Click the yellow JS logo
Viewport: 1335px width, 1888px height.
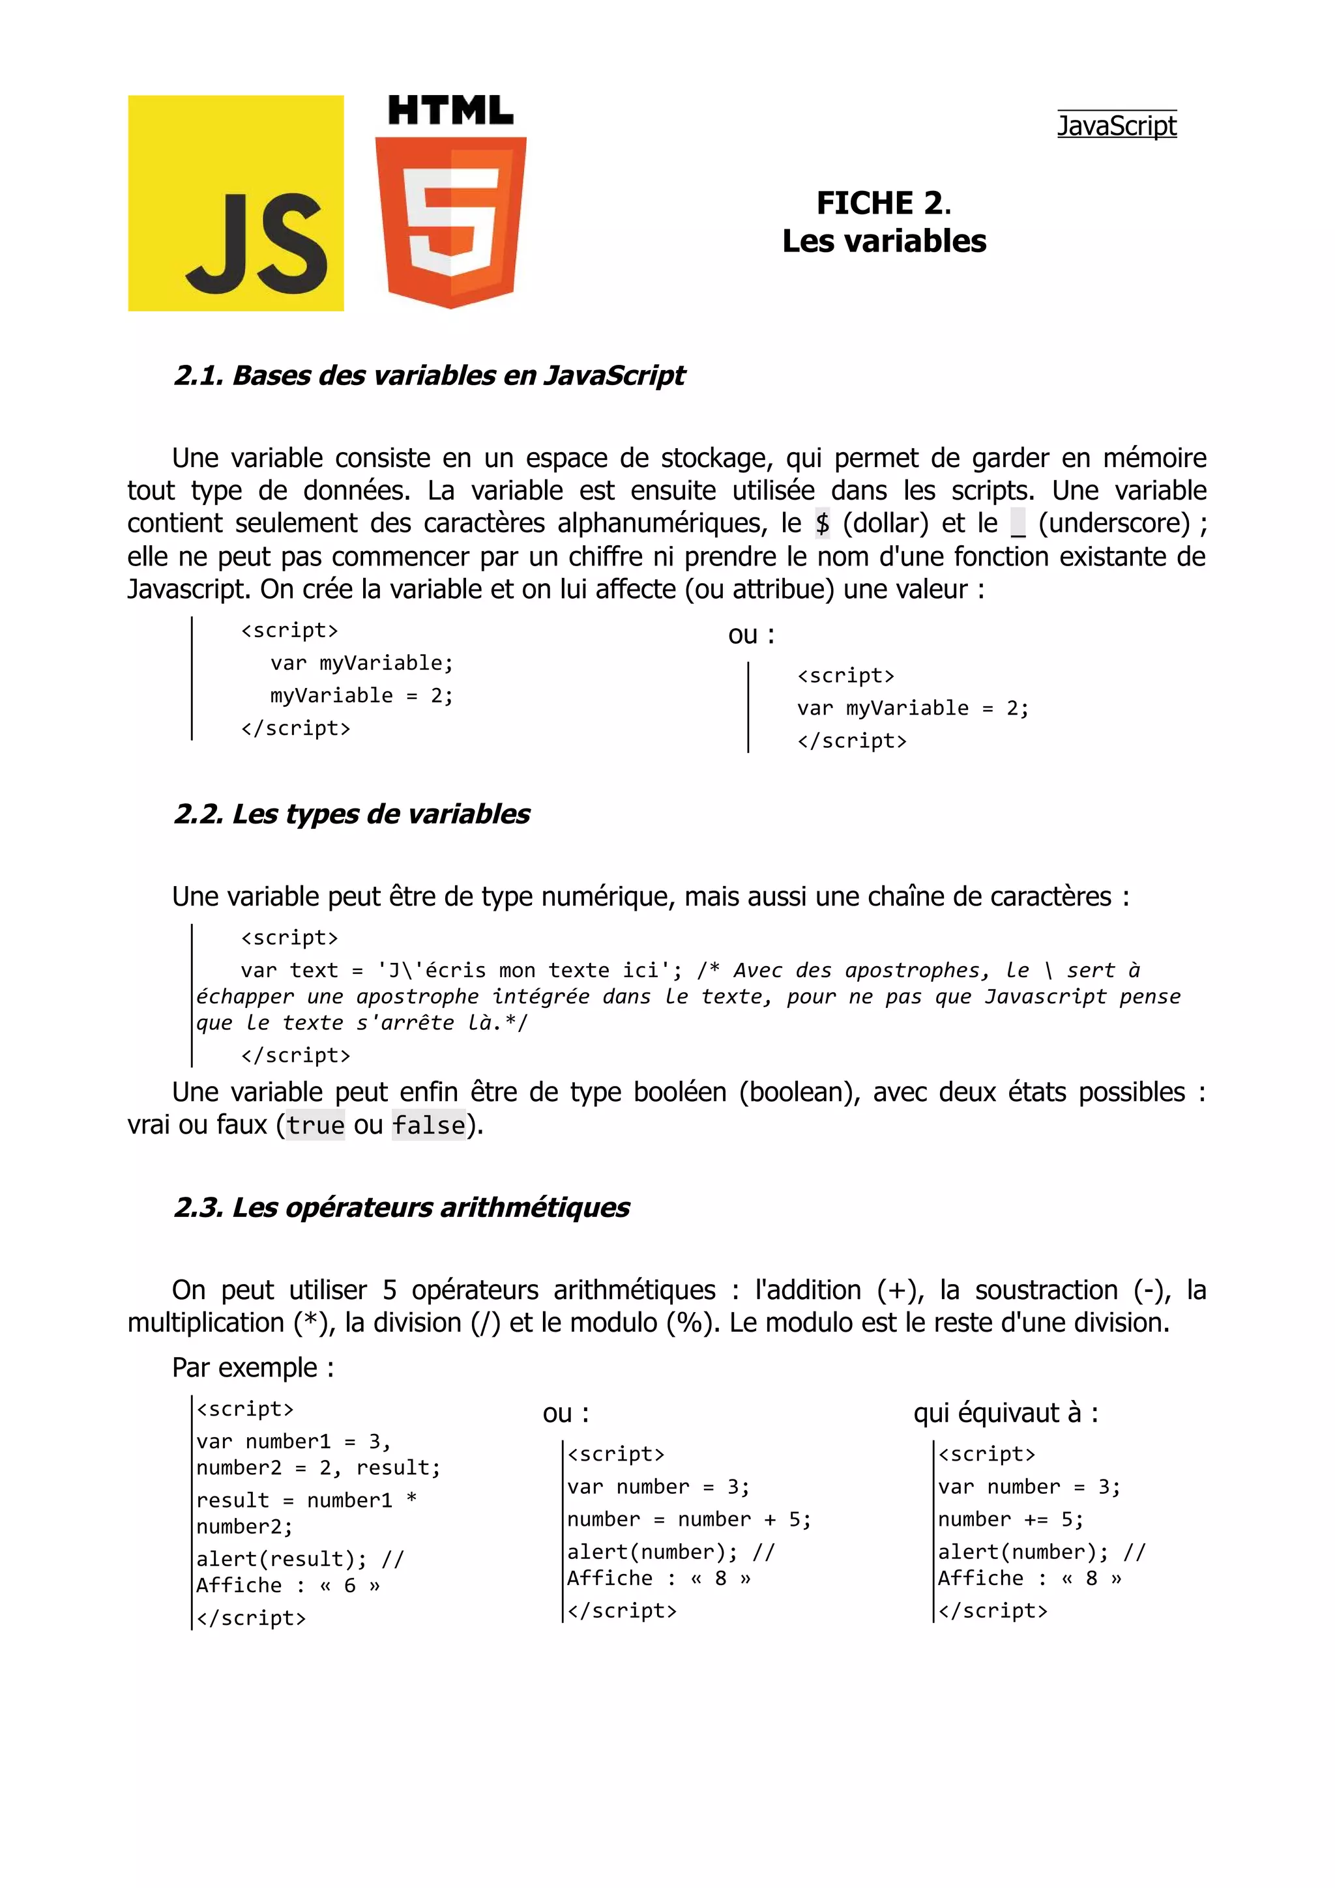click(x=235, y=203)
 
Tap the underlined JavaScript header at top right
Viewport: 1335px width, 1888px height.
click(x=1116, y=125)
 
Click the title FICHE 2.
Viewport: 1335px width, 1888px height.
click(x=883, y=202)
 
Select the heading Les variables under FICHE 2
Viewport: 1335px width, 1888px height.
click(x=883, y=241)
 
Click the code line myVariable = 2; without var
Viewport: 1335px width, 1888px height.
click(x=361, y=696)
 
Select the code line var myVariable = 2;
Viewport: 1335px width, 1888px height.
click(x=912, y=708)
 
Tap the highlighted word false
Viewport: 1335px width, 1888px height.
click(x=428, y=1125)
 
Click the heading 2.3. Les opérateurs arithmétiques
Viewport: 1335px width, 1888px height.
click(x=402, y=1207)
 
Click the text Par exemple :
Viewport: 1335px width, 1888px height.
click(x=252, y=1367)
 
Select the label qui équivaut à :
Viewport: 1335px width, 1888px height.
click(x=1005, y=1412)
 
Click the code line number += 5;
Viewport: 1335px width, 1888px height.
click(x=1010, y=1520)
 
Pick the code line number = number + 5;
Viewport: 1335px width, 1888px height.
click(x=688, y=1520)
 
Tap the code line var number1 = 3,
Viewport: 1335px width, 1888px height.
click(x=293, y=1442)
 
